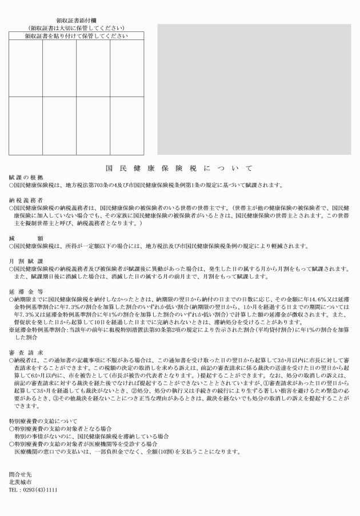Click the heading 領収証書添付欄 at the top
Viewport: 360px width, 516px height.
(75, 20)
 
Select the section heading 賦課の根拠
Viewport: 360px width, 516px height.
(22, 178)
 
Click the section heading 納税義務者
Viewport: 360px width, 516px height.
(26, 200)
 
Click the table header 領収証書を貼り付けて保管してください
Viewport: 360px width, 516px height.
(76, 36)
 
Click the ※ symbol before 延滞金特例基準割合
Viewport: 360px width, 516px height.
(11, 330)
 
